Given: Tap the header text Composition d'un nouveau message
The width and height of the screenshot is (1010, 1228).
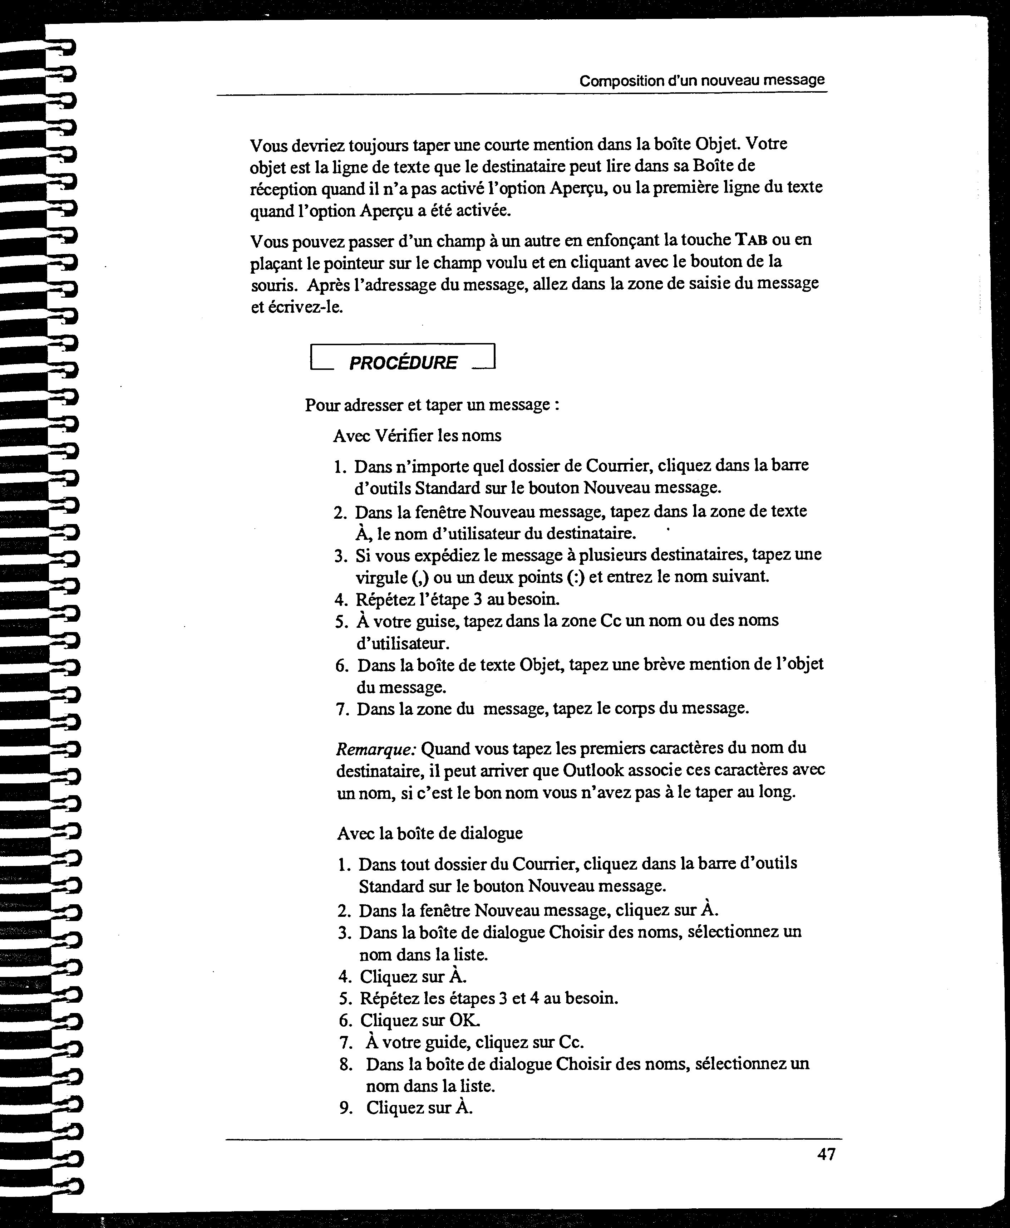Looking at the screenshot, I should (702, 80).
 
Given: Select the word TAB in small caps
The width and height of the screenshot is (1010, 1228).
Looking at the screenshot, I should (751, 240).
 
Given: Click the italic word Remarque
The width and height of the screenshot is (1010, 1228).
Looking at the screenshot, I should (375, 748).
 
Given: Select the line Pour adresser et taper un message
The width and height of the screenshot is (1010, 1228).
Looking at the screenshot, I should (432, 405).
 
